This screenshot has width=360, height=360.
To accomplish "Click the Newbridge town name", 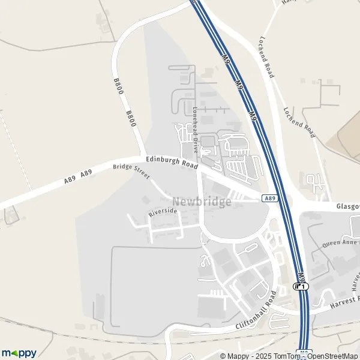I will coord(202,202).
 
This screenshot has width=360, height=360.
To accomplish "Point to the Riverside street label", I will coord(163,211).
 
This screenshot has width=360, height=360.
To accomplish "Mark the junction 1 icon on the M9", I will coord(301,286).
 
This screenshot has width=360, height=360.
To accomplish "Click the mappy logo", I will coord(19,353).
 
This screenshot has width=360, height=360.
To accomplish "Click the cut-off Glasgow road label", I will coord(348,206).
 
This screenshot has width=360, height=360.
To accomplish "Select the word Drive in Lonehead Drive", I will coord(196,142).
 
